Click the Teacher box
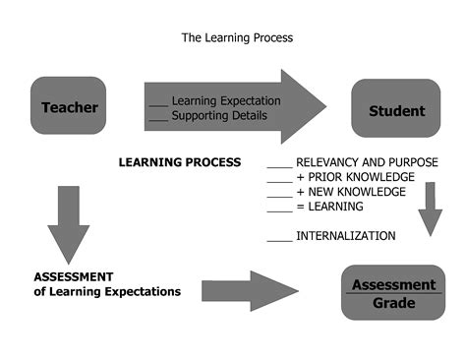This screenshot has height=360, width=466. click(x=69, y=106)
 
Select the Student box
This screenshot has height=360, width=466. click(x=396, y=110)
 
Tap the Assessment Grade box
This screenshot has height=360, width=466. click(x=391, y=293)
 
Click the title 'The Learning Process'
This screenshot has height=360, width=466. click(x=237, y=38)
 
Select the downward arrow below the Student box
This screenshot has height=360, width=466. click(x=429, y=209)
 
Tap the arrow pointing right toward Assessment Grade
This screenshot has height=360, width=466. click(x=251, y=290)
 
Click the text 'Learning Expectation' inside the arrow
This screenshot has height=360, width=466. click(x=225, y=100)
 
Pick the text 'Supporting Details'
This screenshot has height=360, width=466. click(x=218, y=116)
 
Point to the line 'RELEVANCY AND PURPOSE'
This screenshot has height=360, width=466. click(x=367, y=162)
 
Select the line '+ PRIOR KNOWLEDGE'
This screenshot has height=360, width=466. click(x=352, y=177)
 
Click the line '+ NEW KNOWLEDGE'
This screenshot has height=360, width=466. click(x=350, y=192)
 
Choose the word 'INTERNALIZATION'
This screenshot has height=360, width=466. click(x=345, y=236)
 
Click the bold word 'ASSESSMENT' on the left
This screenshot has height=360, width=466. click(x=74, y=276)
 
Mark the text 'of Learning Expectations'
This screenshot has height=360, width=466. click(x=107, y=291)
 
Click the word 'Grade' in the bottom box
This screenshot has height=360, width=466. click(x=392, y=303)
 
